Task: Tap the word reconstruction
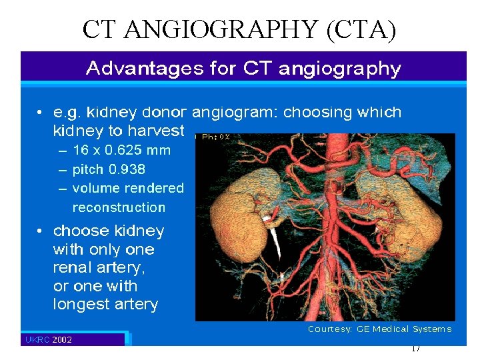pyautogui.click(x=119, y=207)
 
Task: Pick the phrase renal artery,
pyautogui.click(x=99, y=268)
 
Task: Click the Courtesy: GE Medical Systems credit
pyautogui.click(x=379, y=329)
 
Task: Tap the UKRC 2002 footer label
pyautogui.click(x=49, y=340)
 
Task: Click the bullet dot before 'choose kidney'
pyautogui.click(x=41, y=231)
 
